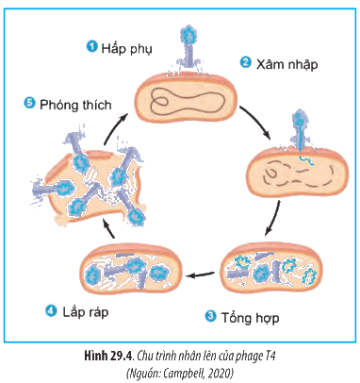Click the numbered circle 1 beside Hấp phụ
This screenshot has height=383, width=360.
91,47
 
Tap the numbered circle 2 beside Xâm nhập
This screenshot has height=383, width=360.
245,62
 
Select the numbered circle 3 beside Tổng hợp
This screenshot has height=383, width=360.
210,316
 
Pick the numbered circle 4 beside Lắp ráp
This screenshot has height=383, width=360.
51,311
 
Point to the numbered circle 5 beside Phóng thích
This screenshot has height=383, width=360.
29,103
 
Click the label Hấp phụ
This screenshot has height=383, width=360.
127,49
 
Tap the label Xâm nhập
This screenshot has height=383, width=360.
286,64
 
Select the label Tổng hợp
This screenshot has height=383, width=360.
250,318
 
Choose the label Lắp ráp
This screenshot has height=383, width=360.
86,312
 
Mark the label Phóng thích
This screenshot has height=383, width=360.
75,105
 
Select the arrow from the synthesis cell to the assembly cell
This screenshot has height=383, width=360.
201,275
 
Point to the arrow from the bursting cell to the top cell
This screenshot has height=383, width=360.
114,129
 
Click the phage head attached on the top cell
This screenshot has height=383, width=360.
188,35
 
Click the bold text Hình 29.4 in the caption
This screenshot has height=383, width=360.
109,357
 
